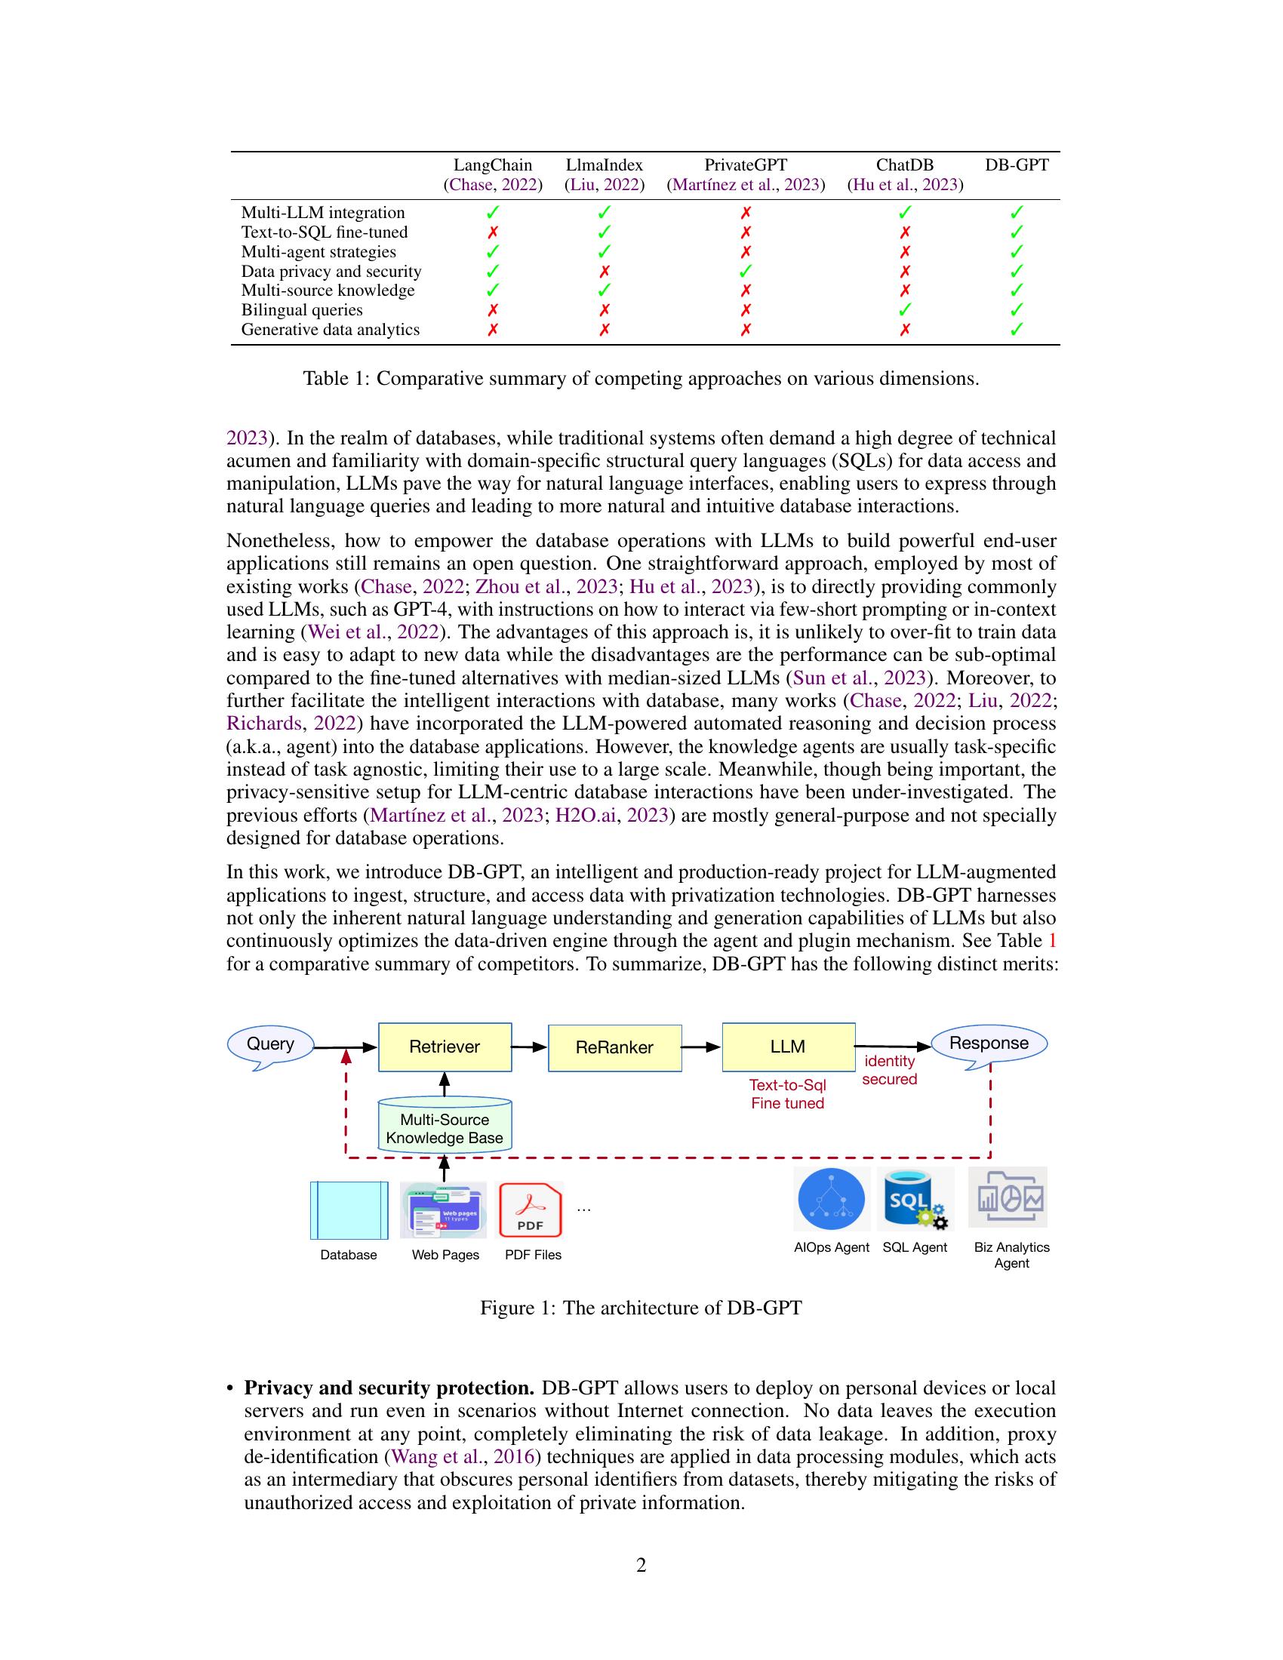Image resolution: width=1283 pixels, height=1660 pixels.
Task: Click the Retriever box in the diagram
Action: coord(445,1047)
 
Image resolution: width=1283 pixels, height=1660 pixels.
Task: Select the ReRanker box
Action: coord(614,1047)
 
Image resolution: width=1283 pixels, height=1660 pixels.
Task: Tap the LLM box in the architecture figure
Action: coord(787,1047)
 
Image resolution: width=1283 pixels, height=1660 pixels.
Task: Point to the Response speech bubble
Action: coord(988,1043)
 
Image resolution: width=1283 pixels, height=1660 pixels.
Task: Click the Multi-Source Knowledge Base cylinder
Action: coord(445,1127)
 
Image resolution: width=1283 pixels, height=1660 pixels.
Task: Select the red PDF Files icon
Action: coord(530,1210)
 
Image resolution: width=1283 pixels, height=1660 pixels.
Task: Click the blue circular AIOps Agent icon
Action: coord(832,1199)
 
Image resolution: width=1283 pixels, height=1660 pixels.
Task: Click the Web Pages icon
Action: coord(444,1210)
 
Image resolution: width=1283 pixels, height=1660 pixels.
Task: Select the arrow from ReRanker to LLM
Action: coord(701,1047)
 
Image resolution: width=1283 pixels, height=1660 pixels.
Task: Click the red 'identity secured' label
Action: coord(889,1069)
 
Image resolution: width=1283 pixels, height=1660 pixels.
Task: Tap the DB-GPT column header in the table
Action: coord(1017,165)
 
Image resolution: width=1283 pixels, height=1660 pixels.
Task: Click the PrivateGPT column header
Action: coord(745,165)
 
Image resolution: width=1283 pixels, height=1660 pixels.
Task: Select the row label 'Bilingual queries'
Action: coord(302,310)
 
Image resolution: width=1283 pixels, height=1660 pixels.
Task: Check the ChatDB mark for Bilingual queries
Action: coord(904,310)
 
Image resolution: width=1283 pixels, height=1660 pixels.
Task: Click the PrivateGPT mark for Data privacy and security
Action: coord(746,271)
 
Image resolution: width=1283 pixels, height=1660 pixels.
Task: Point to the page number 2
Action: coord(641,1565)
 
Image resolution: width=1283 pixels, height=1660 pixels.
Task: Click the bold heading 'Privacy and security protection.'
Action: coord(389,1388)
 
